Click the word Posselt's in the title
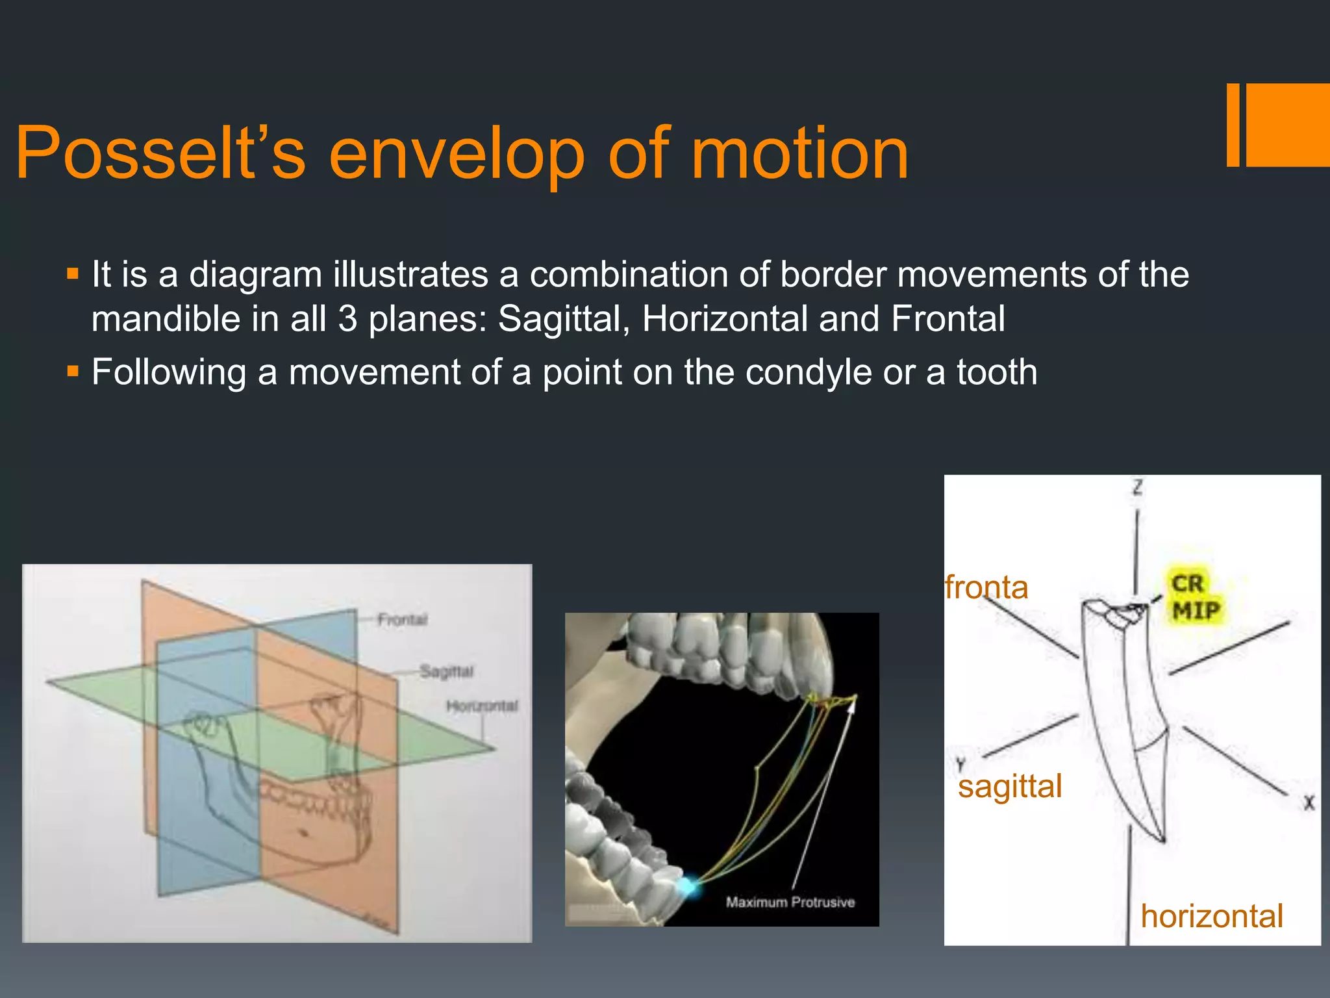(x=160, y=153)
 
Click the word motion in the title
(x=799, y=153)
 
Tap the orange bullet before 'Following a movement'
(x=73, y=372)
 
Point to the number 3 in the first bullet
(x=348, y=320)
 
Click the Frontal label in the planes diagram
(x=402, y=619)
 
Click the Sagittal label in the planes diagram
(x=446, y=671)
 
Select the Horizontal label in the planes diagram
(x=482, y=706)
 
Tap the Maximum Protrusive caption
(x=790, y=902)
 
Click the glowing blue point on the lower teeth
(x=688, y=886)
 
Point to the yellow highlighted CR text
(x=1187, y=583)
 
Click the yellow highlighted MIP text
(x=1196, y=611)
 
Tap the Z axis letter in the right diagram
(x=1137, y=487)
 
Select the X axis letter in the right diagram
(x=1309, y=803)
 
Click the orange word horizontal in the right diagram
(x=1212, y=917)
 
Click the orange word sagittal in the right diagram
(x=1010, y=786)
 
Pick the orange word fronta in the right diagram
(x=986, y=587)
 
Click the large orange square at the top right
(x=1288, y=125)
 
